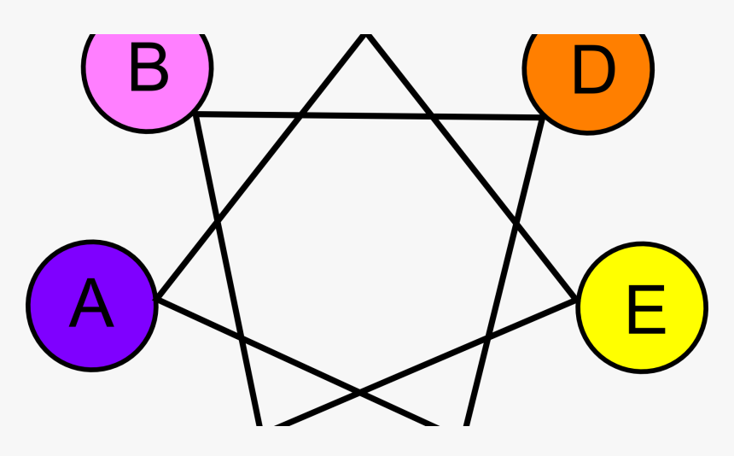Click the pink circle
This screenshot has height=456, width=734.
coord(148,75)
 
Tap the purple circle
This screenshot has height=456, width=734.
coord(92,306)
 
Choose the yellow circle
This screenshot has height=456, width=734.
coord(642,307)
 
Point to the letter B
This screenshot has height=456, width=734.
coord(149,67)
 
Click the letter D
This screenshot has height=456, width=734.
coord(594,70)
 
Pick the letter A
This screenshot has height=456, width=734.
coord(92,303)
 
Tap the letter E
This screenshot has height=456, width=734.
coord(646,309)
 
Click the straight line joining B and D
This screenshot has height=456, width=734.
coord(369,115)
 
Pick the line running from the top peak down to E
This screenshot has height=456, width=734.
coord(472,167)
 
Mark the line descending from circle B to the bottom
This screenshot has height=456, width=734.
coord(228,270)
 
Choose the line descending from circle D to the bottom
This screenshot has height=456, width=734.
coord(504,272)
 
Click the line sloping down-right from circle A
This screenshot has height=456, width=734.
coord(297,363)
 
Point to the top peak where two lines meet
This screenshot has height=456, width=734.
coord(366,35)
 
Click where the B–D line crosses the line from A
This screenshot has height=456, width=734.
coord(301,114)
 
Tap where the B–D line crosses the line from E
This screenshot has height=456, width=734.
coord(431,117)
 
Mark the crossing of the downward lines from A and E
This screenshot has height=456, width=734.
coord(359,391)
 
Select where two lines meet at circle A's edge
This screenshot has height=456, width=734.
coord(157,298)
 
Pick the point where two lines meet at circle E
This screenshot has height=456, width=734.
coord(577,300)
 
